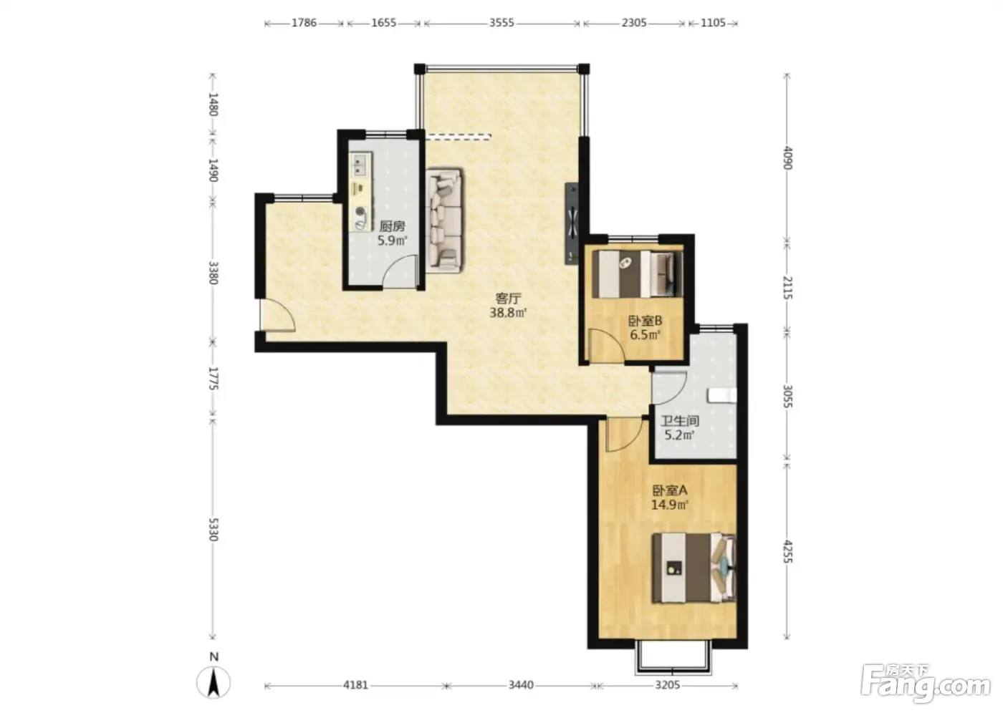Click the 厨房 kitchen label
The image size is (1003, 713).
393,226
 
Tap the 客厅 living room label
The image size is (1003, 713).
508,298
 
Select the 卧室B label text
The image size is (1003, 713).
645,320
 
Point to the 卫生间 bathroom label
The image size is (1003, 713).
680,420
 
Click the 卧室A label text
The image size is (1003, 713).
670,490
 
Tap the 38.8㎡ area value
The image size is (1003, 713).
508,312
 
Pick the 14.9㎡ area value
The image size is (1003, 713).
669,505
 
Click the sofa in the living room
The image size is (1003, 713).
445,220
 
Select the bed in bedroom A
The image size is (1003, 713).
694,568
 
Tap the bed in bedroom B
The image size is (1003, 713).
638,273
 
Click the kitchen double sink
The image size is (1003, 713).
361,165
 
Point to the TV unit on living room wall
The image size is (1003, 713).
572,223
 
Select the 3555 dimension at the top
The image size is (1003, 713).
501,23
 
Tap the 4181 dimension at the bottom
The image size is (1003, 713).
355,685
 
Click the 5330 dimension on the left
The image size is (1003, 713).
213,530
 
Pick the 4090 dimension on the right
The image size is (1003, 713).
787,158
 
